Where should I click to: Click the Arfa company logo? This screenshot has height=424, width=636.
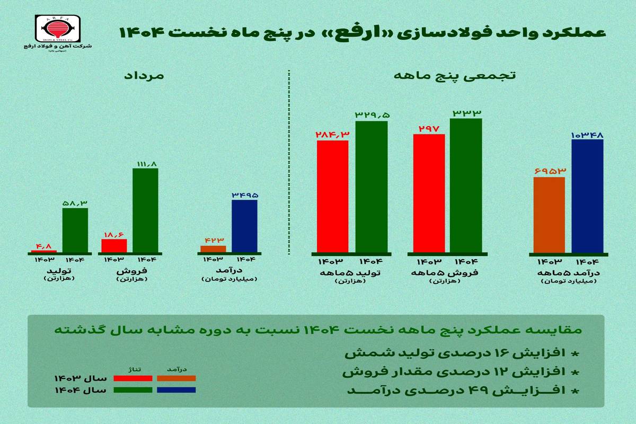click(x=56, y=29)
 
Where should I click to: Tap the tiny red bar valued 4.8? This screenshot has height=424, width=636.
click(x=43, y=251)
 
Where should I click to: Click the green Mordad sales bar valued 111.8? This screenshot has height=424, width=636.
click(x=145, y=210)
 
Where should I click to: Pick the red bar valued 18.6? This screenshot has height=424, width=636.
click(x=114, y=246)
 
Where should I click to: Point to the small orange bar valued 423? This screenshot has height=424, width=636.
click(x=213, y=249)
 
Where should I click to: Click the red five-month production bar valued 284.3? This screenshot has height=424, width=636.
click(x=332, y=196)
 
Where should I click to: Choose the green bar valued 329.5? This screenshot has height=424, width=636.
click(x=371, y=187)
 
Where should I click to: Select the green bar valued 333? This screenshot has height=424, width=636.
click(x=466, y=185)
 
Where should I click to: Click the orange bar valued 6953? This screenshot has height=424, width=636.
click(x=549, y=215)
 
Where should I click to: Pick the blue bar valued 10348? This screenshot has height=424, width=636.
click(x=587, y=196)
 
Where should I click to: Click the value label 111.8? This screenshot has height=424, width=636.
click(x=145, y=164)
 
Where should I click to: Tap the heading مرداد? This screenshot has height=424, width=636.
click(x=144, y=76)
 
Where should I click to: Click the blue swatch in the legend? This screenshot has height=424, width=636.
click(x=176, y=390)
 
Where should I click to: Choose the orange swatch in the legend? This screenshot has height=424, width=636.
click(x=176, y=378)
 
